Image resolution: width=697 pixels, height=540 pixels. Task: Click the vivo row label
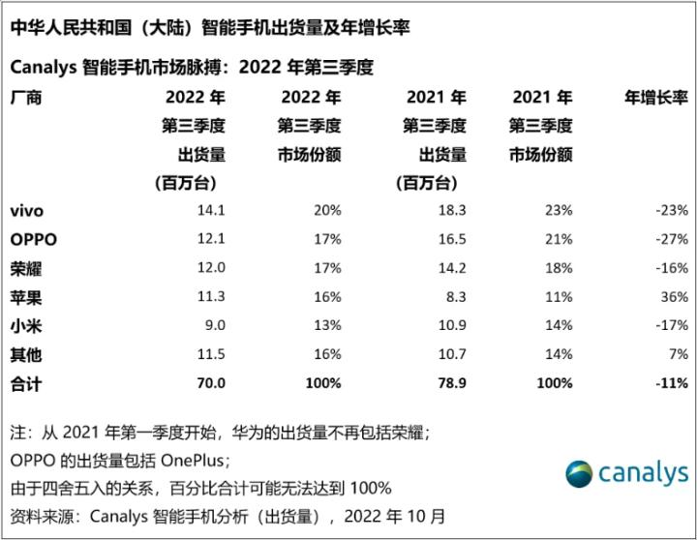tap(26, 210)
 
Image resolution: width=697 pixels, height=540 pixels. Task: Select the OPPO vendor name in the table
tap(33, 239)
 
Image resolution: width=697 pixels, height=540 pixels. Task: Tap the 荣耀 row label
tap(26, 268)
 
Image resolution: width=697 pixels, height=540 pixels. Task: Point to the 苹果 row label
tap(26, 297)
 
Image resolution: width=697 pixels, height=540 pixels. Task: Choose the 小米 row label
tap(26, 326)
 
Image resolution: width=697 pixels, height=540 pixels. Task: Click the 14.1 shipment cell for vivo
tap(210, 210)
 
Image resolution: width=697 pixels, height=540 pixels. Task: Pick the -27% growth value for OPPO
tap(670, 239)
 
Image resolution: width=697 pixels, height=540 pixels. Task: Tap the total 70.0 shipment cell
tap(209, 383)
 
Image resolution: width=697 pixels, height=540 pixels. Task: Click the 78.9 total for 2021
tap(451, 383)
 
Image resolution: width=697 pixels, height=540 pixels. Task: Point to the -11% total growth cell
tap(669, 383)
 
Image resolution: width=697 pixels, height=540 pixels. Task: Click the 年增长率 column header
tap(657, 98)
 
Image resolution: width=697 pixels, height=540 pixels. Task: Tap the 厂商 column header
tap(26, 98)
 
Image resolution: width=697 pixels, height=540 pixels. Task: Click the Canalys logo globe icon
tap(579, 473)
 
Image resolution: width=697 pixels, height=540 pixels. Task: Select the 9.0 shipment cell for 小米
tap(214, 326)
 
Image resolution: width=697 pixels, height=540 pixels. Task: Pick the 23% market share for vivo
tap(559, 210)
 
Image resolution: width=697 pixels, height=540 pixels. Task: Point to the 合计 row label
tap(26, 383)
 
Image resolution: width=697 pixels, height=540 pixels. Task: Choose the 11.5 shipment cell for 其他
tap(210, 355)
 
